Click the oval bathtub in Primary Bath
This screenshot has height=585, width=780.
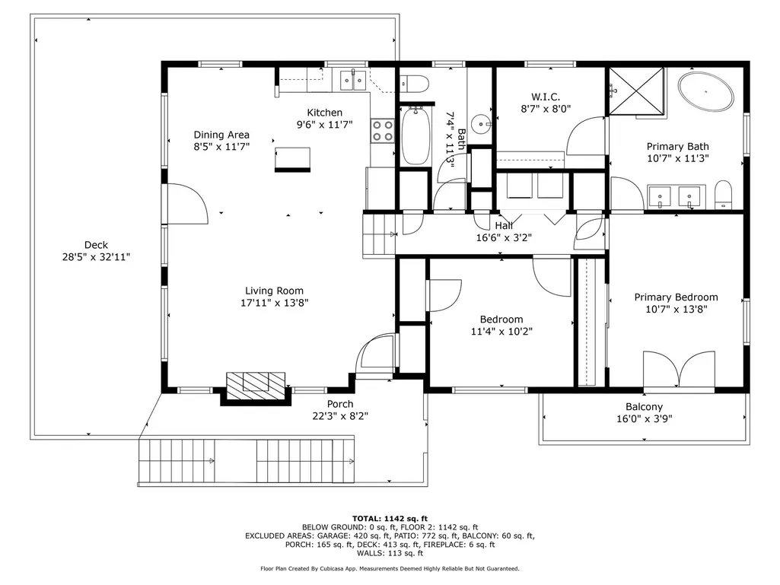(706, 91)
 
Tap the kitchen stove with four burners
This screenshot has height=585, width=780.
(383, 131)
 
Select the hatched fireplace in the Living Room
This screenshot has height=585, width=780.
(256, 386)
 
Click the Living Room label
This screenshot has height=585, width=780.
(274, 291)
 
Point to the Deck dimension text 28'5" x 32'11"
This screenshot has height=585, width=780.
(96, 257)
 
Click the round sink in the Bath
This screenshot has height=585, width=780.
(481, 122)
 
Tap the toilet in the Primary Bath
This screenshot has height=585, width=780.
(723, 195)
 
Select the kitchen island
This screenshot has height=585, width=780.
(292, 160)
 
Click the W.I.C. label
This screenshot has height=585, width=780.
(546, 97)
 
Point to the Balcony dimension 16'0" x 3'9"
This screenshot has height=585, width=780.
(645, 419)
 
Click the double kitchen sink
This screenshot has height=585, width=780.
(353, 81)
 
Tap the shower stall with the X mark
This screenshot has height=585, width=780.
(637, 91)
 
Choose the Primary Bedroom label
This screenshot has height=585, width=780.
(676, 297)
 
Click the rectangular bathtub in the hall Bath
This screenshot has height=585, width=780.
(415, 136)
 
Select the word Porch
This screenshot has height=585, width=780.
(340, 404)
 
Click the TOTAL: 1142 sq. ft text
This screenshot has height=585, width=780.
(390, 518)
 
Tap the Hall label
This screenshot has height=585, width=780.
(504, 226)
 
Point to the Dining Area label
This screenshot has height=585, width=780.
(221, 135)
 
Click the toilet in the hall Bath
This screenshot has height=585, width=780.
(415, 84)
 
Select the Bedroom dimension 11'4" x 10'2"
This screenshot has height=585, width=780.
(501, 332)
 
